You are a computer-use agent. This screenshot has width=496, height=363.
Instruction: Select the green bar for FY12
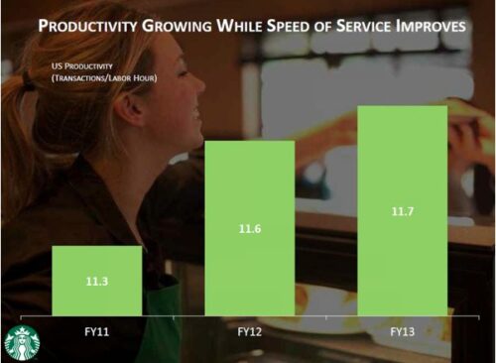click(249, 228)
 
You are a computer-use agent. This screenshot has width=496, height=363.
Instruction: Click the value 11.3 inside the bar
click(96, 282)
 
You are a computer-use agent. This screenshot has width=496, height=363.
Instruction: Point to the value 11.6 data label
click(249, 229)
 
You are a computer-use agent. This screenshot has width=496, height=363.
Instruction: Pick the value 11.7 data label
click(401, 211)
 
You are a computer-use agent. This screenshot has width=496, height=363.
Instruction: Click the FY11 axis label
click(96, 331)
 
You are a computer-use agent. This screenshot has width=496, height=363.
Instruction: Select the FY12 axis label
click(249, 331)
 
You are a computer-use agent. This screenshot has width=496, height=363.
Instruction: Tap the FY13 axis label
click(401, 331)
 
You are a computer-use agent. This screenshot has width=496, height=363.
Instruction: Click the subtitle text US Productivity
click(82, 66)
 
